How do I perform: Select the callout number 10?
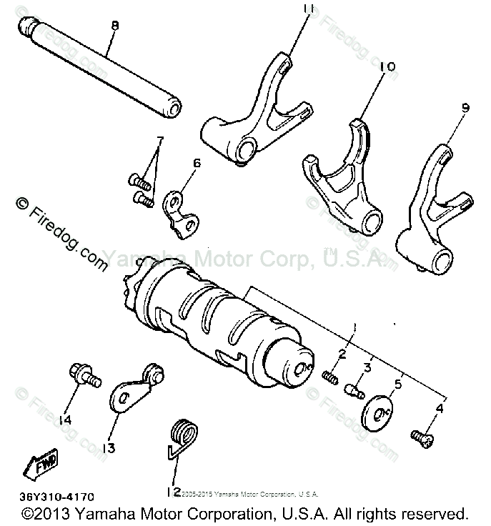click(387, 66)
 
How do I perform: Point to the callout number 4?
click(439, 409)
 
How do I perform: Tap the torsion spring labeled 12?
click(181, 436)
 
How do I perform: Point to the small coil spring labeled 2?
click(330, 374)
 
